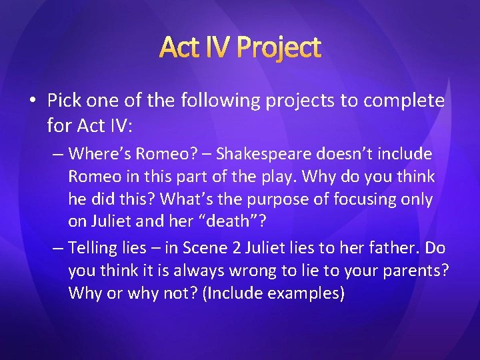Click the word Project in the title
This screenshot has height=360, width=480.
(x=279, y=48)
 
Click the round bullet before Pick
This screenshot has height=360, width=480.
(x=33, y=101)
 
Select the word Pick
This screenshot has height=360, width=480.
(x=65, y=101)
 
